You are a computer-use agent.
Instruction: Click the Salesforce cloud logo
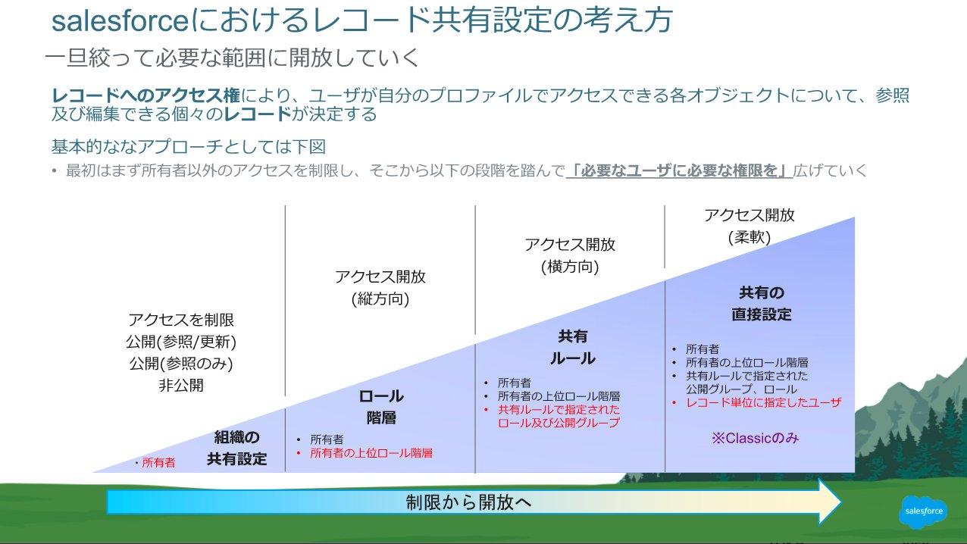(x=923, y=511)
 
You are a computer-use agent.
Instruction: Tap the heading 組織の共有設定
(x=236, y=448)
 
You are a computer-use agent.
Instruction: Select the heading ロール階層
(x=380, y=407)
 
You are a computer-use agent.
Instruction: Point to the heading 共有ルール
(x=572, y=347)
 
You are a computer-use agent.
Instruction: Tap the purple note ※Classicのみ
(x=755, y=438)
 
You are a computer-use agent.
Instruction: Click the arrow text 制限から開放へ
(x=468, y=502)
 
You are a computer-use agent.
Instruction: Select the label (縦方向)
(x=380, y=299)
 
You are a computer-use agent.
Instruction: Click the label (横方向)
(x=569, y=267)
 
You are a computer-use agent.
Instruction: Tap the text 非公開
(x=180, y=385)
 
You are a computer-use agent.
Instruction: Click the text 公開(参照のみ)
(x=180, y=363)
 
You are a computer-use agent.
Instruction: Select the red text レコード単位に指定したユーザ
(x=763, y=402)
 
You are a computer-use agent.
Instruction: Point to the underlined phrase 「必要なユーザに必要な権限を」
(x=679, y=170)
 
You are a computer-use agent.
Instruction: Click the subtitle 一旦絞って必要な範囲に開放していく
(x=232, y=58)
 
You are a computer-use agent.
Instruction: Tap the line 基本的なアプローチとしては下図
(x=189, y=145)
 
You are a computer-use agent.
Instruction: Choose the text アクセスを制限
(x=181, y=320)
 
